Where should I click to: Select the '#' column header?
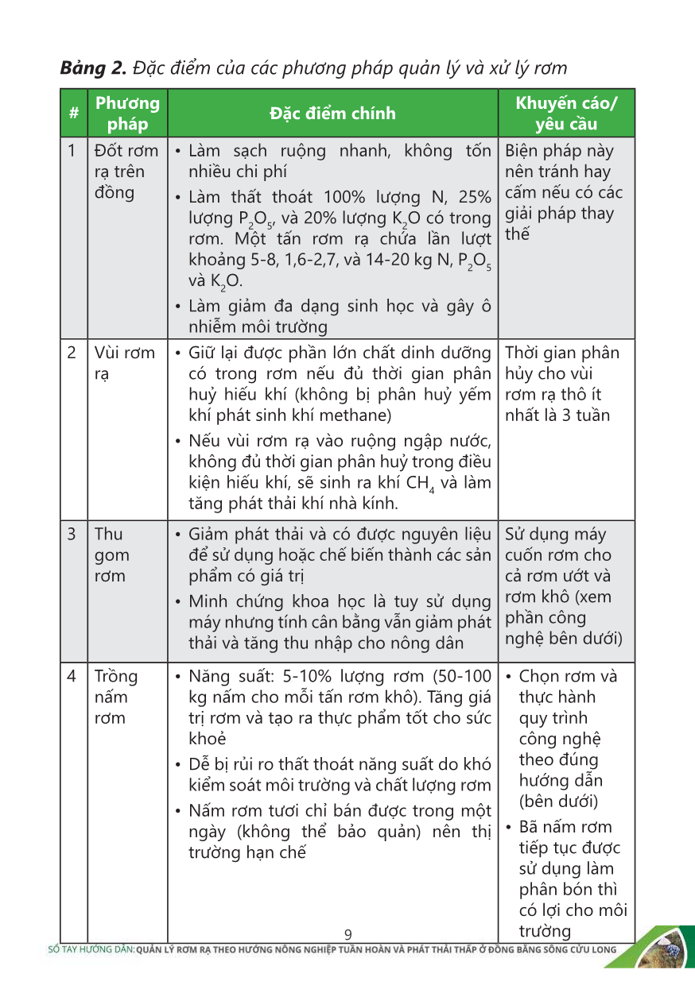(x=73, y=114)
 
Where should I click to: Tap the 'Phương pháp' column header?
(x=127, y=114)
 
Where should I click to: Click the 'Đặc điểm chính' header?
(x=332, y=114)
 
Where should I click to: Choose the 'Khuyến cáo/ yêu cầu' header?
(x=566, y=114)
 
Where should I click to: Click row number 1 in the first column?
(x=72, y=151)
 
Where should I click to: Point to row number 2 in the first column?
(x=72, y=353)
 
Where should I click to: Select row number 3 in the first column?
(x=72, y=534)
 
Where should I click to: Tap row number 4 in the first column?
(x=72, y=677)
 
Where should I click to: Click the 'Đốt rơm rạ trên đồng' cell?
(x=126, y=172)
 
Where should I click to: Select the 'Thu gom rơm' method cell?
(x=111, y=554)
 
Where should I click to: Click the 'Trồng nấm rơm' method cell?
(x=116, y=697)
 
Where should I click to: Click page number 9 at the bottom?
(x=347, y=934)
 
